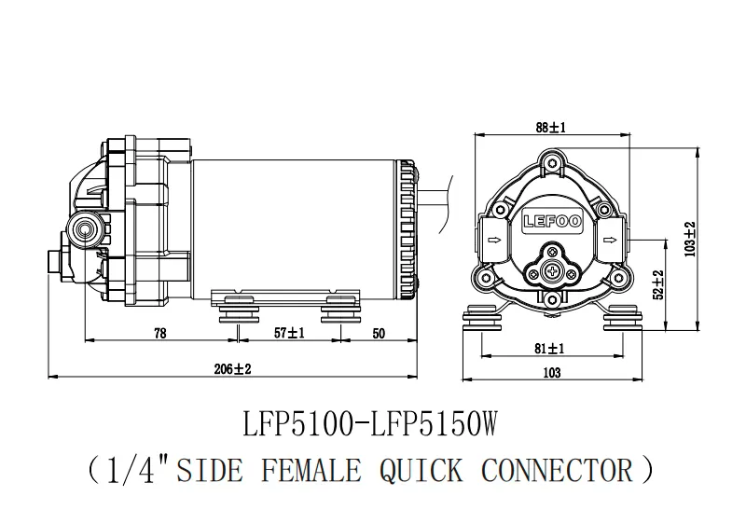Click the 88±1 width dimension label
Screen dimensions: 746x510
[x=550, y=128]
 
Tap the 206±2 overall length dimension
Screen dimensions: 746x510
[x=232, y=368]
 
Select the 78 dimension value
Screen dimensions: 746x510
[x=160, y=333]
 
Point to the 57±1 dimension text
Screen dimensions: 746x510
[x=289, y=333]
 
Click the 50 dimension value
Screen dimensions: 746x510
[x=379, y=334]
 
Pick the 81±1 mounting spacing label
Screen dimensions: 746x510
[x=549, y=349]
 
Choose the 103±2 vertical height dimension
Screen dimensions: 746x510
[x=690, y=240]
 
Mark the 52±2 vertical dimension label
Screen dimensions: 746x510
[x=658, y=285]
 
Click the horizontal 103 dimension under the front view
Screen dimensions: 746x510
[x=552, y=373]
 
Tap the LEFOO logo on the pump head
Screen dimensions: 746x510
[x=552, y=221]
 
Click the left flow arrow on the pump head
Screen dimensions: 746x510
[x=495, y=240]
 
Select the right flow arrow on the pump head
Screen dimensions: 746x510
[x=610, y=240]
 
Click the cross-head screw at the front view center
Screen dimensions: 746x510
[x=552, y=272]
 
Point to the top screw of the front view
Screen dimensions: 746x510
[x=552, y=163]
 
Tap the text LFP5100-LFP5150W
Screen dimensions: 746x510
[x=370, y=424]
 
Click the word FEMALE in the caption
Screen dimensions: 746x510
[x=311, y=470]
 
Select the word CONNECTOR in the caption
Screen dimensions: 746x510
[x=558, y=470]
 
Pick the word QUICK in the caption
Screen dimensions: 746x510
[x=421, y=471]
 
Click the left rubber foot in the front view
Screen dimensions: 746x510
[x=481, y=317]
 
